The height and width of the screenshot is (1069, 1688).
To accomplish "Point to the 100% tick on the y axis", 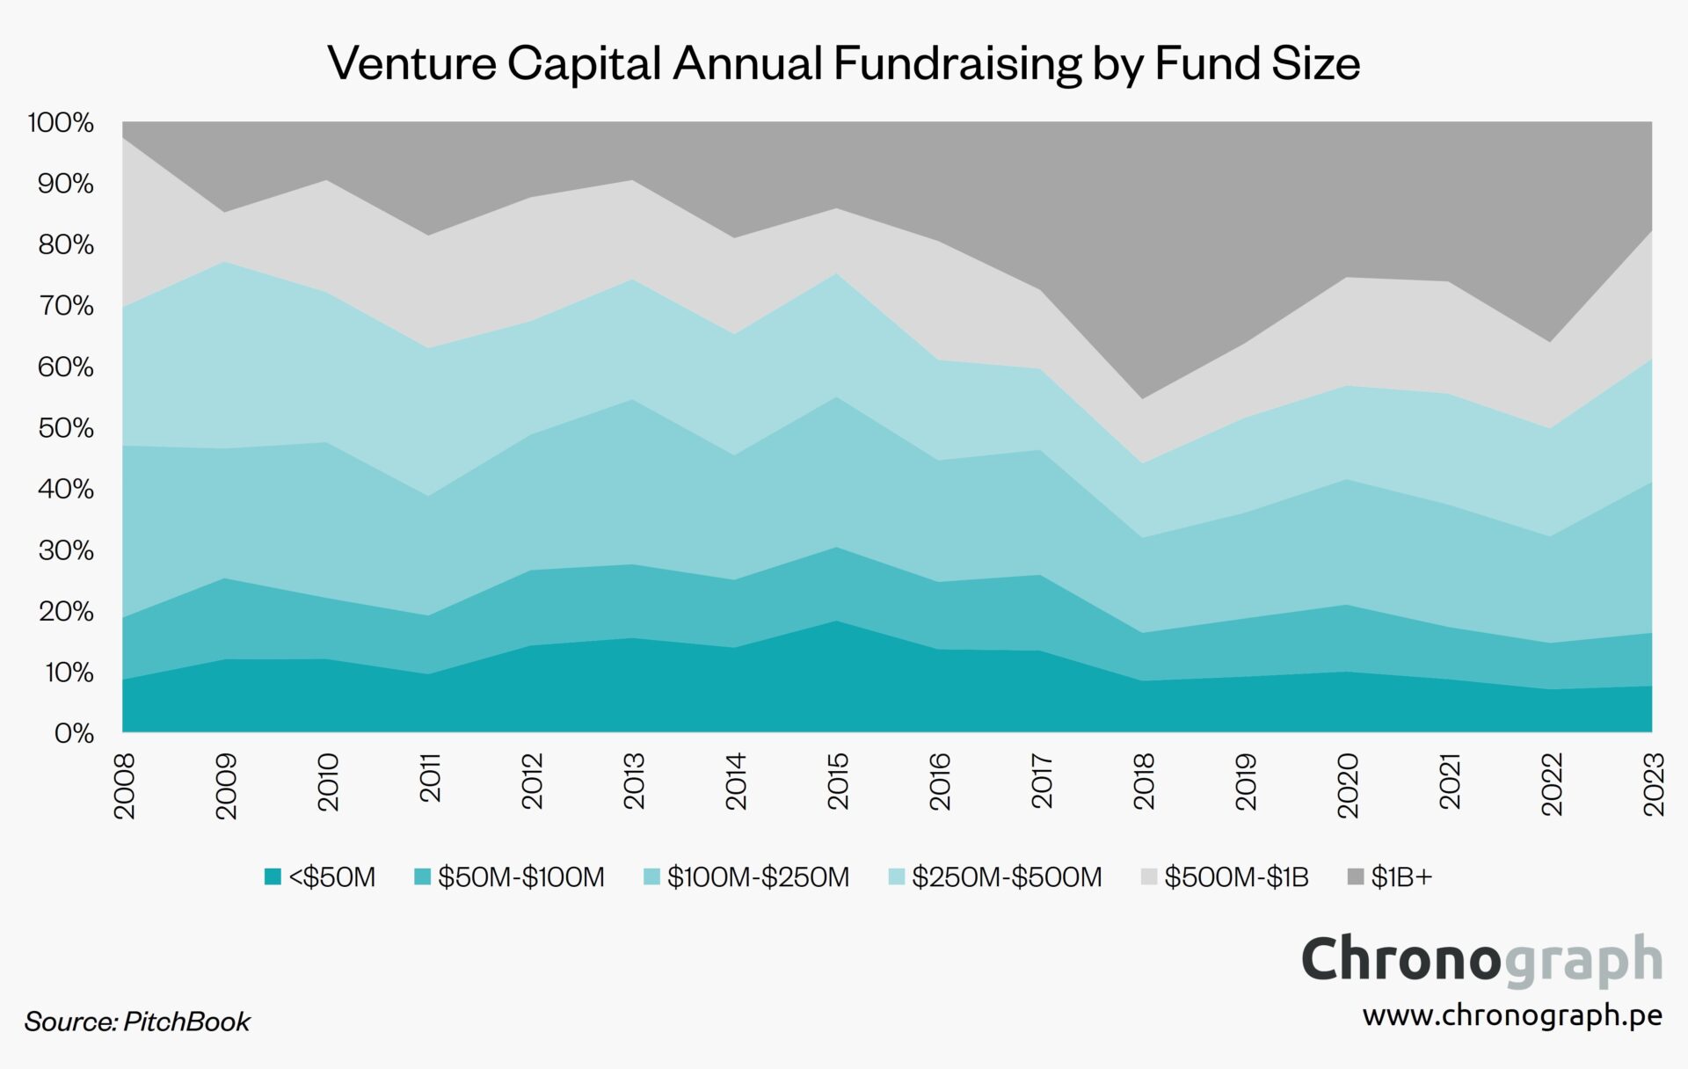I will click(61, 122).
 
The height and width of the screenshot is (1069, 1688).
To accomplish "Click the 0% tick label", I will click(73, 732).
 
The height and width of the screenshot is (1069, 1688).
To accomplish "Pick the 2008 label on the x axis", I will click(125, 785).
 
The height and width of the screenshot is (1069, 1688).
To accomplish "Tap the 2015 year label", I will click(838, 781).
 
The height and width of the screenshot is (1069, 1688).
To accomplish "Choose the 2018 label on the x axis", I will click(1144, 781).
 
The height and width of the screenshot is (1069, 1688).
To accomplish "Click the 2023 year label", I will click(1654, 784).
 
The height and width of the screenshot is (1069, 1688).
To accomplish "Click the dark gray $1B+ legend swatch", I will click(1356, 876).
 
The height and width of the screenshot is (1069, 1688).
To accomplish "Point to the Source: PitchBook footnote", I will click(137, 1021).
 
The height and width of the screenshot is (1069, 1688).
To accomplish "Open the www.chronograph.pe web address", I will click(1512, 1015).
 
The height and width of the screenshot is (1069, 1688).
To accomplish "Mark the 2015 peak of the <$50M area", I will click(837, 622).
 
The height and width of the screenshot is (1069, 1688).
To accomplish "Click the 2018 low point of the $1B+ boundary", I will click(1143, 399).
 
